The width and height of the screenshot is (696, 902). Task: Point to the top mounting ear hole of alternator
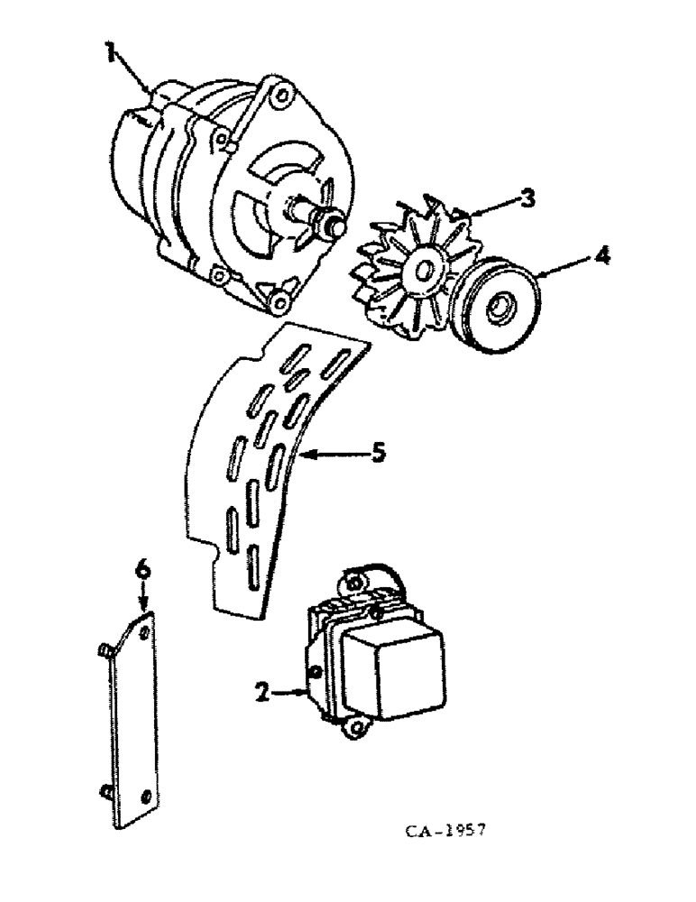(283, 95)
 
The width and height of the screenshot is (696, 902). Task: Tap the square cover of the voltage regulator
(411, 670)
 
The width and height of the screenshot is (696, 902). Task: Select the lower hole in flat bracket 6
(146, 796)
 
